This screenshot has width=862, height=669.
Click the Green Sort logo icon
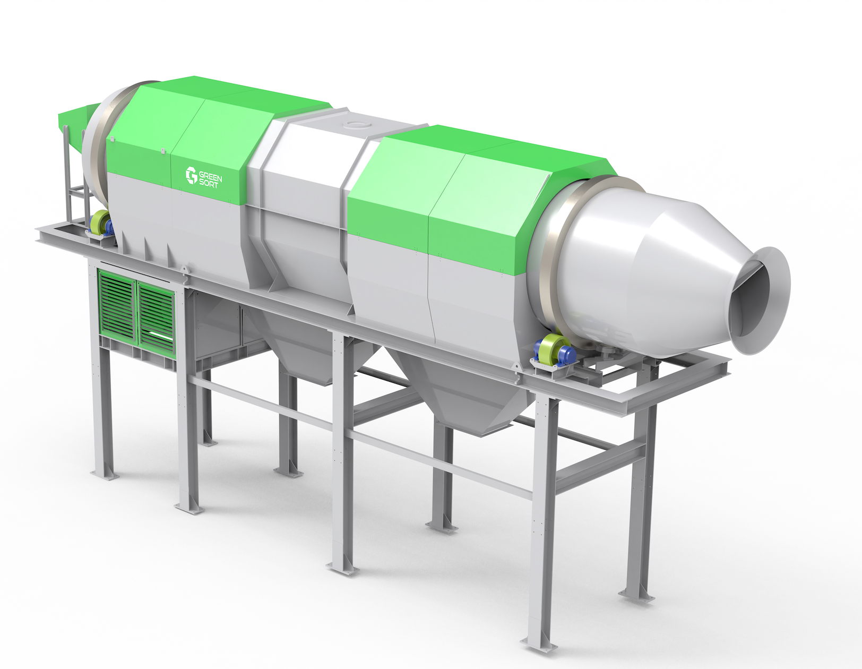191,175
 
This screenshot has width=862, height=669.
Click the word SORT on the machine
209,184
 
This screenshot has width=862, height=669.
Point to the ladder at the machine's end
75,178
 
